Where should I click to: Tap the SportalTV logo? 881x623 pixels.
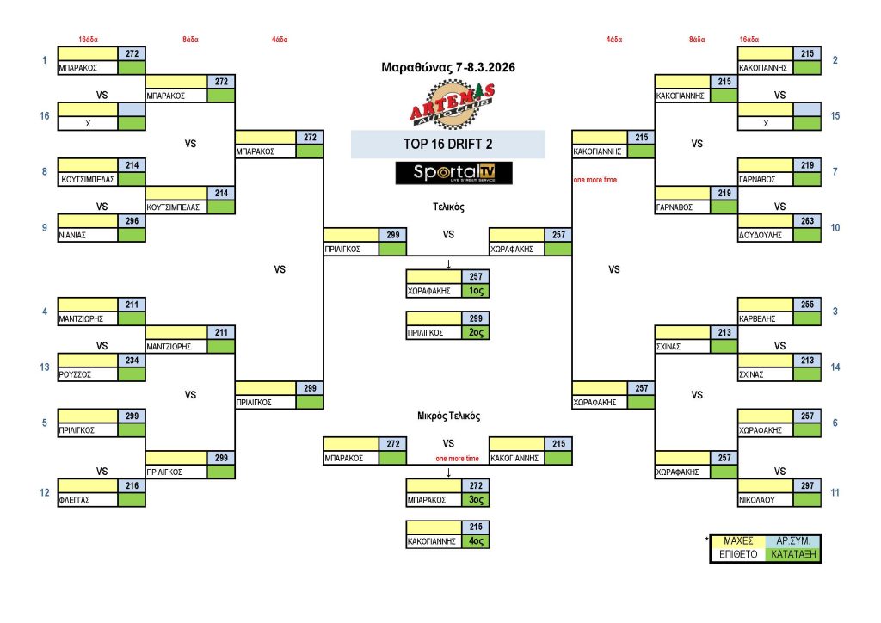point(453,172)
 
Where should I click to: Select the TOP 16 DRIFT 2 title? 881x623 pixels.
point(447,145)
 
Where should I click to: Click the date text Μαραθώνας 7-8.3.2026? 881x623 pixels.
point(447,67)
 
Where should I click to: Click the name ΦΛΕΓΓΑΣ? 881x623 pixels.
point(76,499)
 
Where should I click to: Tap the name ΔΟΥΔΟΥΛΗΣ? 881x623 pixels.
point(760,235)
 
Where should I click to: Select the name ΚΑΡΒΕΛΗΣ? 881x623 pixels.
point(757,318)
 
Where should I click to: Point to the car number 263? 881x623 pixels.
point(807,221)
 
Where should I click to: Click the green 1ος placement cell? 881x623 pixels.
point(476,291)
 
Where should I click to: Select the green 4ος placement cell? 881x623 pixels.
point(476,541)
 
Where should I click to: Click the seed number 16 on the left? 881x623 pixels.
point(44,115)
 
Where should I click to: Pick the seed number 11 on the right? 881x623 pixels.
point(835,492)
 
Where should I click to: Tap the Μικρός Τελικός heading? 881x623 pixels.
point(448,416)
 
